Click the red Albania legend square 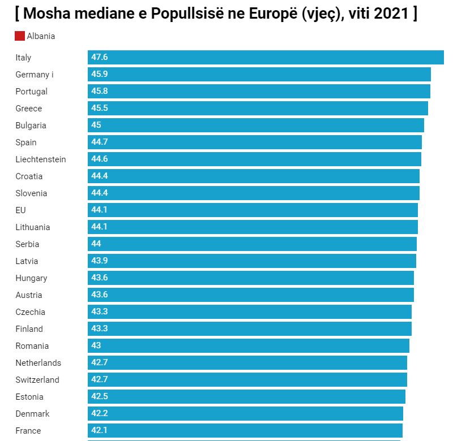(20, 36)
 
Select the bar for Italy (266, 58)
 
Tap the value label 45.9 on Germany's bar (99, 75)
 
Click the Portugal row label (31, 92)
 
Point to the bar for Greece (258, 109)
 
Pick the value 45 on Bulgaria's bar (96, 126)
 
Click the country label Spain (26, 142)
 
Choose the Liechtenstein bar (254, 159)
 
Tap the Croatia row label (29, 176)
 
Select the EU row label (20, 210)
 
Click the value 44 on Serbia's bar (96, 244)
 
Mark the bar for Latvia (252, 261)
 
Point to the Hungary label (31, 278)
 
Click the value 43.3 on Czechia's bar (99, 312)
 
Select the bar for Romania (249, 346)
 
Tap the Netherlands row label (38, 363)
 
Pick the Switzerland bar (247, 380)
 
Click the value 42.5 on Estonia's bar (99, 397)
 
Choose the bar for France (245, 431)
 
